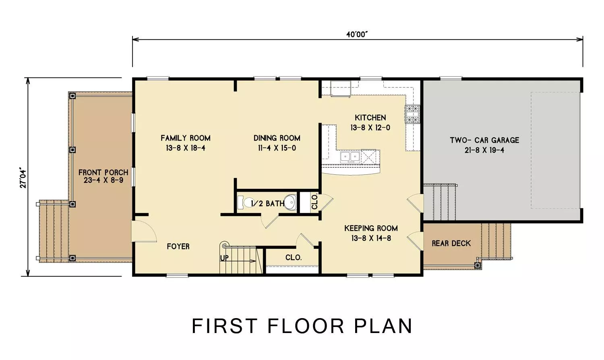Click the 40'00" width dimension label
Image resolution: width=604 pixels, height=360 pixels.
tap(357, 35)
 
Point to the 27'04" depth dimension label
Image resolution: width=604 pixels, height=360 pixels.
tap(23, 178)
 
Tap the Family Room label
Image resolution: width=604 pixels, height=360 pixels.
tap(186, 138)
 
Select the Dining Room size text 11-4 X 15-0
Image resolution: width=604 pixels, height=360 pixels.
tap(277, 148)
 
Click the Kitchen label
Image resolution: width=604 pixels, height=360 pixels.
tap(370, 118)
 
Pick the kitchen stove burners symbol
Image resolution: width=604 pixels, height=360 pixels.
tap(412, 114)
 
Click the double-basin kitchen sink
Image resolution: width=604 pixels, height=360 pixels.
tap(350, 156)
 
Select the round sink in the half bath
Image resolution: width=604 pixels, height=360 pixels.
tap(290, 202)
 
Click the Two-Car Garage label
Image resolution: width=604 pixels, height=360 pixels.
tap(484, 140)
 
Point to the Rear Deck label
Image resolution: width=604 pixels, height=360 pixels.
tap(451, 244)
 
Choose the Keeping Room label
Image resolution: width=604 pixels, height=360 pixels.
tap(371, 228)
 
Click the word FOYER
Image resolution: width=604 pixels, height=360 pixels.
tap(178, 246)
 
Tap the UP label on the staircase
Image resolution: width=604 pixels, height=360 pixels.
tap(224, 258)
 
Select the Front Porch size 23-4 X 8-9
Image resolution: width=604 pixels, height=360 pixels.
tap(103, 180)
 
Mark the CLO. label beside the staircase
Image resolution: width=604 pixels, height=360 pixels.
tap(294, 258)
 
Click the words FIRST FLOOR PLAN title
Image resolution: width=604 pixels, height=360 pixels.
tap(302, 326)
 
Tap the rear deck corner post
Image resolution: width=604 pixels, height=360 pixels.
tap(478, 266)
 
